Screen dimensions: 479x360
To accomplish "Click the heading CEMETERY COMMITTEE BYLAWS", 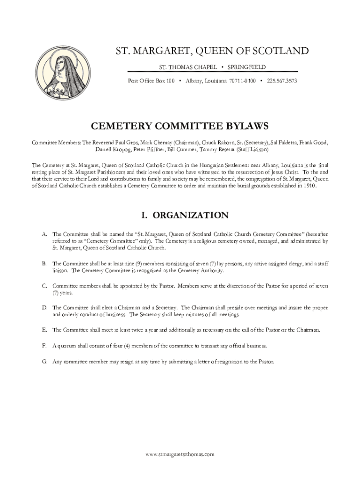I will (180, 126).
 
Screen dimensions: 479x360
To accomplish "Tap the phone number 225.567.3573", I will (282, 81).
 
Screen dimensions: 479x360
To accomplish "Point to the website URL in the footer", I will (180, 454).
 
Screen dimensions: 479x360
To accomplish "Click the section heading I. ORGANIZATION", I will (185, 215).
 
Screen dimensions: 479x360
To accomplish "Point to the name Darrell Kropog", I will (113, 150).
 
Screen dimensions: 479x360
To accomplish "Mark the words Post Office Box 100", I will (151, 81).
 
